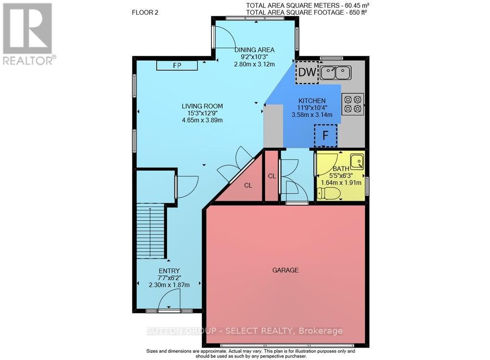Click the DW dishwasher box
[x=307, y=72]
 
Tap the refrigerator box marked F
[x=325, y=136]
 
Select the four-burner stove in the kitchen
[x=353, y=104]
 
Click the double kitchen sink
[x=335, y=73]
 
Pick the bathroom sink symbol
[x=357, y=161]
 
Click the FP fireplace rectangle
[x=177, y=66]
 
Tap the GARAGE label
[x=285, y=270]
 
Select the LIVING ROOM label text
[x=202, y=106]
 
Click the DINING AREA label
[x=254, y=49]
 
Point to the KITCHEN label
[x=312, y=100]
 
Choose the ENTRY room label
[x=169, y=271]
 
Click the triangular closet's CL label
[x=248, y=185]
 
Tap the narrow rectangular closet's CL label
[x=272, y=176]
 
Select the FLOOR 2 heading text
[x=145, y=13]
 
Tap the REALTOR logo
[x=29, y=34]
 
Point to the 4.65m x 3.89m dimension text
[x=202, y=120]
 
